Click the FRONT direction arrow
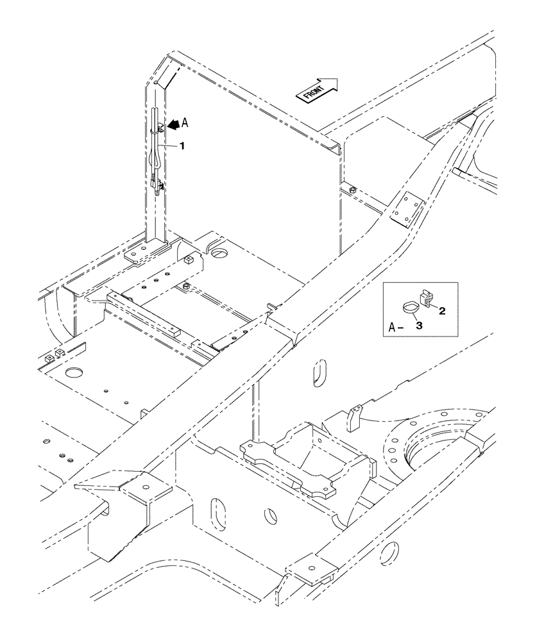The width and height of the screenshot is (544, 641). (x=316, y=89)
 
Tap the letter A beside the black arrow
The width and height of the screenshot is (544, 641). (x=185, y=122)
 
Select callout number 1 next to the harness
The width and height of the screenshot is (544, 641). (x=182, y=146)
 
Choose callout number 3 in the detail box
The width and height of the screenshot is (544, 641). (x=419, y=326)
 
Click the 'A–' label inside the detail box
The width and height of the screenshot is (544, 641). (x=396, y=328)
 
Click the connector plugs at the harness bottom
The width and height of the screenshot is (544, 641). (x=157, y=187)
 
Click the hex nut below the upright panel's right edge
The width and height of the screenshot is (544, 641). (x=353, y=190)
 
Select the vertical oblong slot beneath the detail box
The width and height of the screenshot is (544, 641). (x=318, y=373)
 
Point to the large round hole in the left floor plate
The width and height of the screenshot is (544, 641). (x=76, y=372)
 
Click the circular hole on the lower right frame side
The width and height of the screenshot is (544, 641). (x=389, y=552)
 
